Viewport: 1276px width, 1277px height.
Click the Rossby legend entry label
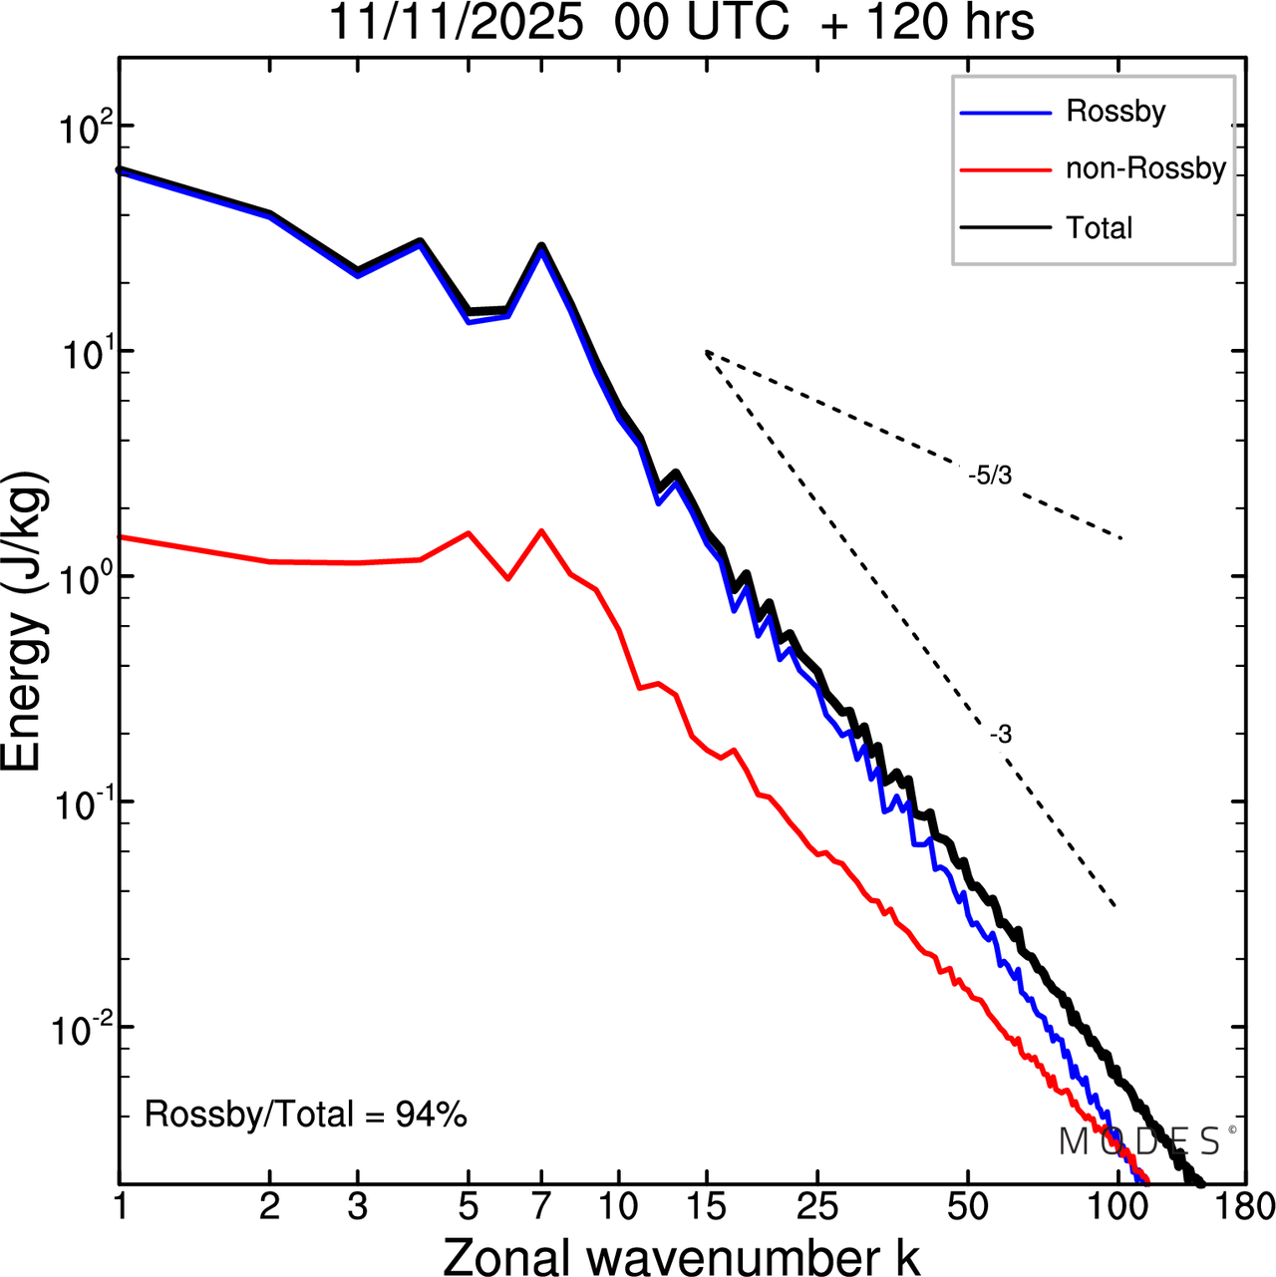[1116, 111]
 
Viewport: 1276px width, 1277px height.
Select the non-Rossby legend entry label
[1145, 168]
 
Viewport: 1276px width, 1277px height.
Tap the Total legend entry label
[1100, 228]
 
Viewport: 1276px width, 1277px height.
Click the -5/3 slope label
[990, 477]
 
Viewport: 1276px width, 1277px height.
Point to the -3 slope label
[1001, 736]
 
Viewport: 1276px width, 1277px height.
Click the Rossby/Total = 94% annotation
[306, 1115]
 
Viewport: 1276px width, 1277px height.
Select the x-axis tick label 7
[541, 1207]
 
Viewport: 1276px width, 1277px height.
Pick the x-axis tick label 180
[1246, 1207]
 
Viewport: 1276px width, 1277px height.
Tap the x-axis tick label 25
[817, 1207]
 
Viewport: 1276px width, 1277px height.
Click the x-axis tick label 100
[1116, 1207]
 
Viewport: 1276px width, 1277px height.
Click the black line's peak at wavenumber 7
[541, 245]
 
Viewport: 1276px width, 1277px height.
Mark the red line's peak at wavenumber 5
[469, 533]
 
